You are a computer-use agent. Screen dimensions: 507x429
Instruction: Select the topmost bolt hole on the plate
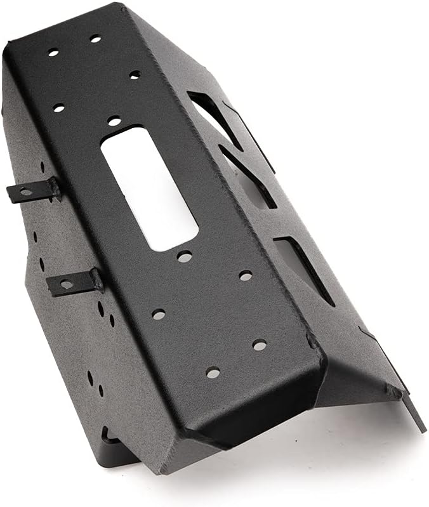[x=95, y=39]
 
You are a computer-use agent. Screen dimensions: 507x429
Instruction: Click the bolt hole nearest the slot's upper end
[x=114, y=120]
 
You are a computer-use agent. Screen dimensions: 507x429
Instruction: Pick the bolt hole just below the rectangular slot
[x=185, y=256]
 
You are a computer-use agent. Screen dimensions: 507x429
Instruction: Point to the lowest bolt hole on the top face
[x=213, y=372]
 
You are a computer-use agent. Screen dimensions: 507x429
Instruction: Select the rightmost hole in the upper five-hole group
[x=135, y=75]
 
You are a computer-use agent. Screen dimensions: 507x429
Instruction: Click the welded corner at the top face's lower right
[x=314, y=343]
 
